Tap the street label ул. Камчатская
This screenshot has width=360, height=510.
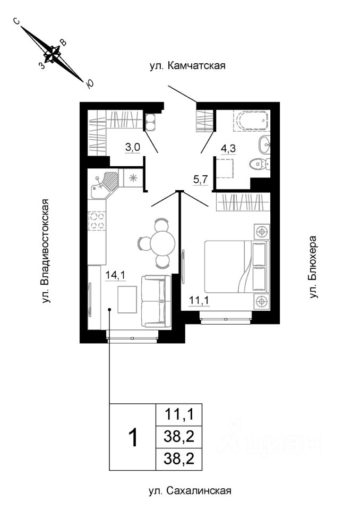click(187, 66)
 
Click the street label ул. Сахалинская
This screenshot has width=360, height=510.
click(190, 490)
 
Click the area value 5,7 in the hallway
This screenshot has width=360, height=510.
click(200, 180)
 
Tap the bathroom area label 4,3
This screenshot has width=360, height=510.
click(228, 149)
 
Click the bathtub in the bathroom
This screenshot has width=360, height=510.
click(251, 121)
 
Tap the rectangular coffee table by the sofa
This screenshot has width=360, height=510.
click(127, 300)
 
